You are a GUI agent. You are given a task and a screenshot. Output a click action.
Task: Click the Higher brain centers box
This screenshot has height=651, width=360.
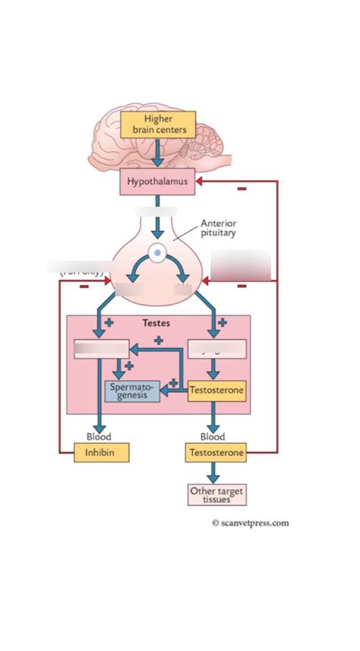click(158, 125)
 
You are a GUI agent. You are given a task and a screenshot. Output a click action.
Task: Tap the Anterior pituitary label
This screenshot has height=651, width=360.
click(218, 228)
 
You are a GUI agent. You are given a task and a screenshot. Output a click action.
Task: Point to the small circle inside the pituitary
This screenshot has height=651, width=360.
click(157, 253)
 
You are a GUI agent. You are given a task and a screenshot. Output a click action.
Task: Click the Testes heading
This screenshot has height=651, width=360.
click(156, 323)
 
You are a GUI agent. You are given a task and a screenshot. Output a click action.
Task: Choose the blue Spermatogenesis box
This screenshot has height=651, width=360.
click(131, 391)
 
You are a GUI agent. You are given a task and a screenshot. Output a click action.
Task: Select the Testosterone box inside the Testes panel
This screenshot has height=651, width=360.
click(216, 391)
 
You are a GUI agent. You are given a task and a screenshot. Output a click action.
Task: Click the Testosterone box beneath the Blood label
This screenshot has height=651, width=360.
click(216, 453)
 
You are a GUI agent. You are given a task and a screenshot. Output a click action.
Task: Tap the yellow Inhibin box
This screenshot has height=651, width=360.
click(101, 453)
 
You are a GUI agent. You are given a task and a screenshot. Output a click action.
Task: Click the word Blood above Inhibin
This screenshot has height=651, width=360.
click(98, 437)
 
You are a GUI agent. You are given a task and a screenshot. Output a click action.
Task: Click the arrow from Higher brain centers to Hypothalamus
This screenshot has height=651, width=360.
click(157, 154)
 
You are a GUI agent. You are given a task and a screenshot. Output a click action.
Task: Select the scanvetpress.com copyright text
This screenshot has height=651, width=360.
click(250, 523)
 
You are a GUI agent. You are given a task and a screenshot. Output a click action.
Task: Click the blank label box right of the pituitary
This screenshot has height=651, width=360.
click(240, 266)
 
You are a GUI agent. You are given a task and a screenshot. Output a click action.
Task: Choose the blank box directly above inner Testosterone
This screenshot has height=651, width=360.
click(216, 349)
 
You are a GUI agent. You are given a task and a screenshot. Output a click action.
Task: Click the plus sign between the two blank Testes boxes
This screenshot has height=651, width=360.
click(158, 340)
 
